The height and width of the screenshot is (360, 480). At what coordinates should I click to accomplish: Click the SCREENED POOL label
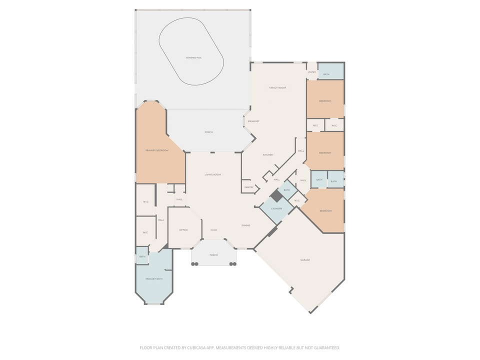(193, 58)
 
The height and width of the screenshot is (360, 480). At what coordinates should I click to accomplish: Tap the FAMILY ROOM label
(277, 88)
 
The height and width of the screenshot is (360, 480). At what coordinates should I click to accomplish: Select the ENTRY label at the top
(312, 72)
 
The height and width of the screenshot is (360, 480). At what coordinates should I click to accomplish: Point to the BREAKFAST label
(253, 121)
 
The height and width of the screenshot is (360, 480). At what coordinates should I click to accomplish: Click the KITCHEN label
(268, 155)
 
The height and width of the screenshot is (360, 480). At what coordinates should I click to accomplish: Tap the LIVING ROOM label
(212, 174)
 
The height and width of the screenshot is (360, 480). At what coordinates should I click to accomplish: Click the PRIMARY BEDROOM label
(157, 150)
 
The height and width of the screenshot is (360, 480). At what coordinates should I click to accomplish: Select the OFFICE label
(183, 230)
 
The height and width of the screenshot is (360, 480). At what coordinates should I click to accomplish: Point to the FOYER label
(213, 230)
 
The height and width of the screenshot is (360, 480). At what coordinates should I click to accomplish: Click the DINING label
(246, 225)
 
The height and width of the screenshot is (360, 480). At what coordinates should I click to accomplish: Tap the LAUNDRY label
(277, 208)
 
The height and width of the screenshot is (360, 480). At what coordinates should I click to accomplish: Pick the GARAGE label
(305, 260)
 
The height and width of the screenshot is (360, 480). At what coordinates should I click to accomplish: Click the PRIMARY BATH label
(154, 278)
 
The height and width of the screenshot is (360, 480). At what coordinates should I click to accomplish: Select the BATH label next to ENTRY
(326, 74)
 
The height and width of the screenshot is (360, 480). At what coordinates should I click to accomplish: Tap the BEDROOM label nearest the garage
(325, 211)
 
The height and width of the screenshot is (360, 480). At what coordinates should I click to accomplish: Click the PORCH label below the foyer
(213, 255)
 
